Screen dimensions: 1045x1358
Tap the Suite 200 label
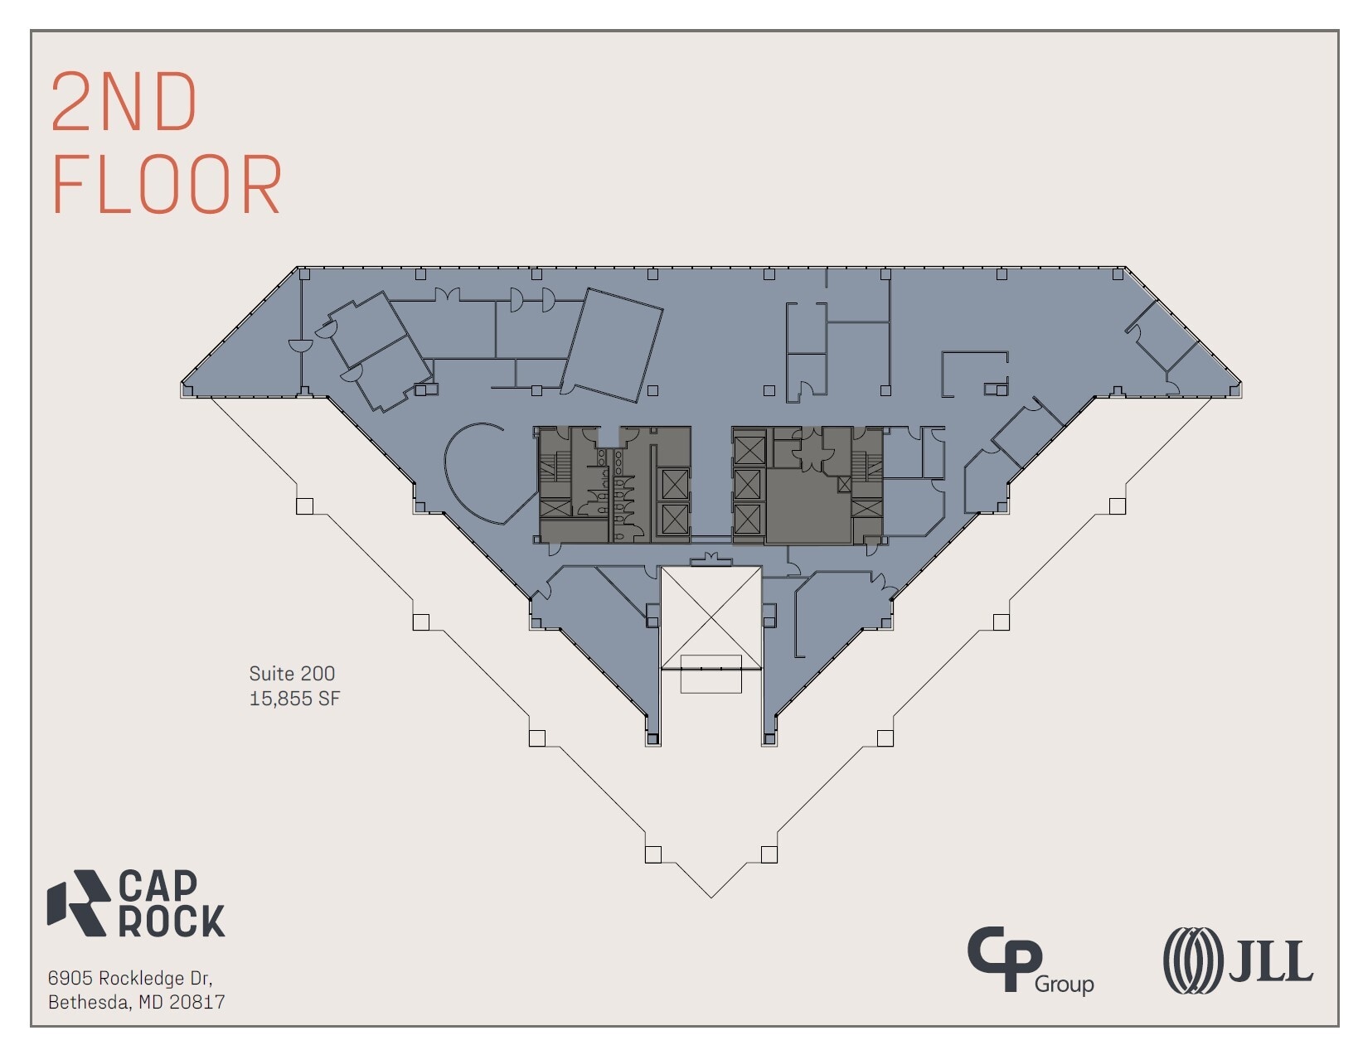[292, 674]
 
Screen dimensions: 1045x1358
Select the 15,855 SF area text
[294, 699]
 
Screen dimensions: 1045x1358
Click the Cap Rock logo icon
[78, 903]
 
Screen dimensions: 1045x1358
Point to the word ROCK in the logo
[172, 921]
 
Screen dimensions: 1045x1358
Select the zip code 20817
[197, 1002]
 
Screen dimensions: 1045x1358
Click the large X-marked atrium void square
[711, 617]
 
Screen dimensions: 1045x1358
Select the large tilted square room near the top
[612, 345]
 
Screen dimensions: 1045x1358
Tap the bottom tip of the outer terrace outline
[711, 897]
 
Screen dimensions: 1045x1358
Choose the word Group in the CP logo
[1064, 985]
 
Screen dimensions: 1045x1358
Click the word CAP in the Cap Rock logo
[158, 886]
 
